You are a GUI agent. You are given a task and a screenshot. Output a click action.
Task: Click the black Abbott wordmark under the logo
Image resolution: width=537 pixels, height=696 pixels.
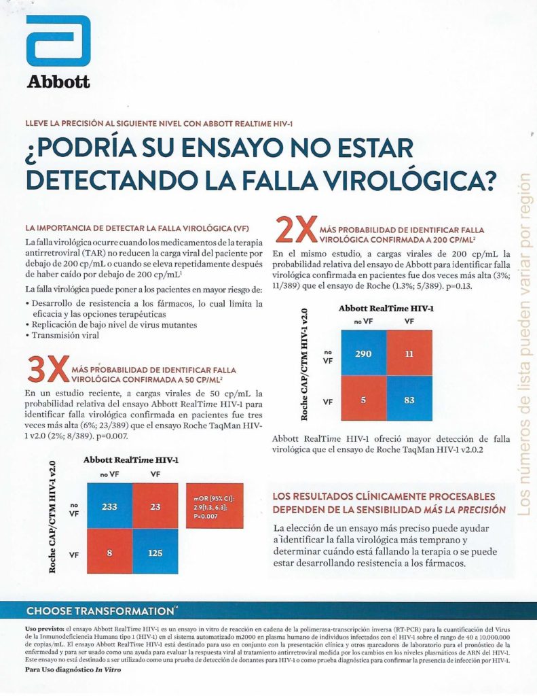58,82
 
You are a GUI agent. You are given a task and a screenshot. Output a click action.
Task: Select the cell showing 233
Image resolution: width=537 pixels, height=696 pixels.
109,506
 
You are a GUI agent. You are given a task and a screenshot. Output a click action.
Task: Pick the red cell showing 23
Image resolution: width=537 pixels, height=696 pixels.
156,506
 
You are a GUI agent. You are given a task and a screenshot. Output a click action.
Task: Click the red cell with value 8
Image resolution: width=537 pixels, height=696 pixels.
109,553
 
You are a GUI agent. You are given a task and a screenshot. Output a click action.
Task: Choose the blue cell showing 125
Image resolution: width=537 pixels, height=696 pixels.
156,553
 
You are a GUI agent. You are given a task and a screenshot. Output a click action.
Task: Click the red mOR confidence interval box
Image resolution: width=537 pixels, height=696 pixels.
214,507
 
